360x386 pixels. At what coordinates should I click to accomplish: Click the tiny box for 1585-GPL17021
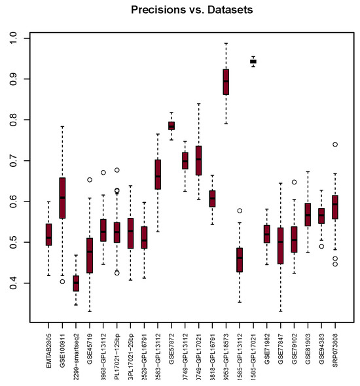click(x=253, y=61)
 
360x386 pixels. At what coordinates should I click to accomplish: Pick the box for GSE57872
click(x=171, y=126)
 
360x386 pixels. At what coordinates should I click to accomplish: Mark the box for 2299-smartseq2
click(x=76, y=283)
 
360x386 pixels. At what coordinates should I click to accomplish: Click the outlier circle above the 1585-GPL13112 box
click(x=240, y=211)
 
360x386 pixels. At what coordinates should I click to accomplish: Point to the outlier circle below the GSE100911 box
click(x=62, y=281)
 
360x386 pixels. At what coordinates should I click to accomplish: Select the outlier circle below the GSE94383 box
click(x=321, y=247)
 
